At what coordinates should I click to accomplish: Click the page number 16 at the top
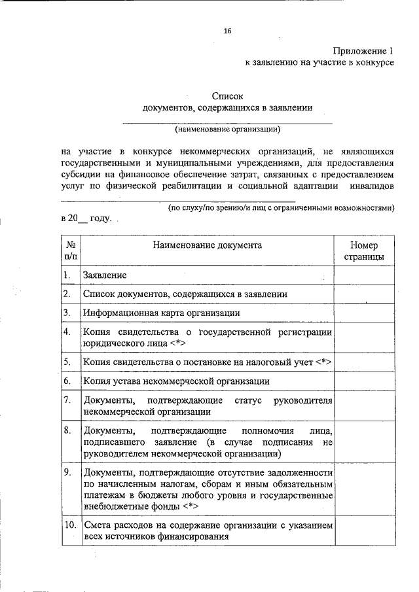coord(227,31)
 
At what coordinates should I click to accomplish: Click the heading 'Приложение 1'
coord(365,51)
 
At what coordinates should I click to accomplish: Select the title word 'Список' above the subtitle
coord(227,96)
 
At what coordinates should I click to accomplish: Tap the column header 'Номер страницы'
coord(364,252)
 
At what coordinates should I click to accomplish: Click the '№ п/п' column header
coord(71,252)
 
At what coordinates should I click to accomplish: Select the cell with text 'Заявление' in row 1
coord(105,277)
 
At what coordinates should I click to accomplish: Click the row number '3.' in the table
coord(67,312)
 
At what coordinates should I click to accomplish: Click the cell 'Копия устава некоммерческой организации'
coord(176,381)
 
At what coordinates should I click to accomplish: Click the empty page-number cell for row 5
coord(364,361)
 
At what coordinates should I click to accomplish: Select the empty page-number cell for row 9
coord(364,489)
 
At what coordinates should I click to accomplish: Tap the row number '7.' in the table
coord(67,399)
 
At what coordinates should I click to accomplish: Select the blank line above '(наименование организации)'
coord(227,121)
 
